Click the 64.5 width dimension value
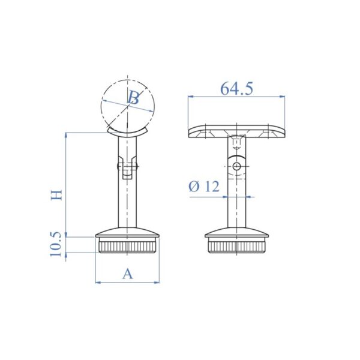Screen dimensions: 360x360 point(236,88)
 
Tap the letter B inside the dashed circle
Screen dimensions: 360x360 point(134,98)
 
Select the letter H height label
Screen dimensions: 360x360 point(56,196)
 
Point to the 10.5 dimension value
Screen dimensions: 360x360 point(56,245)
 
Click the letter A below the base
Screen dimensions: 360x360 point(127,274)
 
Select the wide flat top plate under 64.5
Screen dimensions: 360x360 point(236,131)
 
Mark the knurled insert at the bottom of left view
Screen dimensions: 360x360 point(127,246)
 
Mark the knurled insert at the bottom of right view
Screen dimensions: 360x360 point(238,246)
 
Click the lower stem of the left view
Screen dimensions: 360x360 point(127,204)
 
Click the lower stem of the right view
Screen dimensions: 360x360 point(238,207)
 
